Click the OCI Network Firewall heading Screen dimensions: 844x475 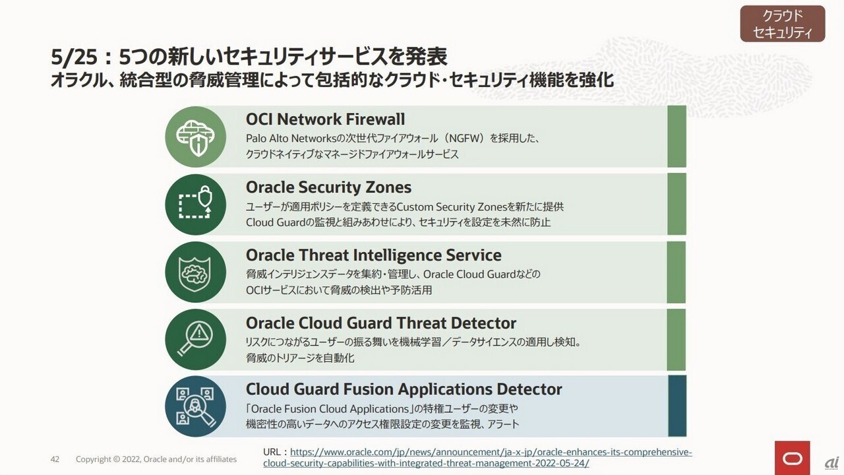(x=325, y=119)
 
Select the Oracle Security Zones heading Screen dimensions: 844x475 (x=328, y=187)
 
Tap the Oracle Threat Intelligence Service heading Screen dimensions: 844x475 (x=373, y=255)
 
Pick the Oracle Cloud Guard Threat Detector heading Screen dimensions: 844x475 (x=381, y=323)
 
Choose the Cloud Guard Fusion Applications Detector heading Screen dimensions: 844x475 (x=404, y=389)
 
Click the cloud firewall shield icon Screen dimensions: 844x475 (x=196, y=137)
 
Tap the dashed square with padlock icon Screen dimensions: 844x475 (x=196, y=205)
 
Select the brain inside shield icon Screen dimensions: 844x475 (x=196, y=272)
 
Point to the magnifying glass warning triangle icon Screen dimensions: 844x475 (x=196, y=339)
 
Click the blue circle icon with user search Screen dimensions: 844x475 (x=196, y=406)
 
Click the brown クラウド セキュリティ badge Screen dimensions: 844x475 (x=783, y=23)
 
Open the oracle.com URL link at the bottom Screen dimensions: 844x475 (x=477, y=457)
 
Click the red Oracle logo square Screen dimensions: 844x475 (x=793, y=458)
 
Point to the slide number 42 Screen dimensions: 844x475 (x=55, y=459)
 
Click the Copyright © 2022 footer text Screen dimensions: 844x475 (x=156, y=459)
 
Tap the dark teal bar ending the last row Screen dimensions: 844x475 (x=677, y=406)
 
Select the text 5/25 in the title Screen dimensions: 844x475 (x=74, y=57)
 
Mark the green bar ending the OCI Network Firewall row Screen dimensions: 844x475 (x=677, y=137)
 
